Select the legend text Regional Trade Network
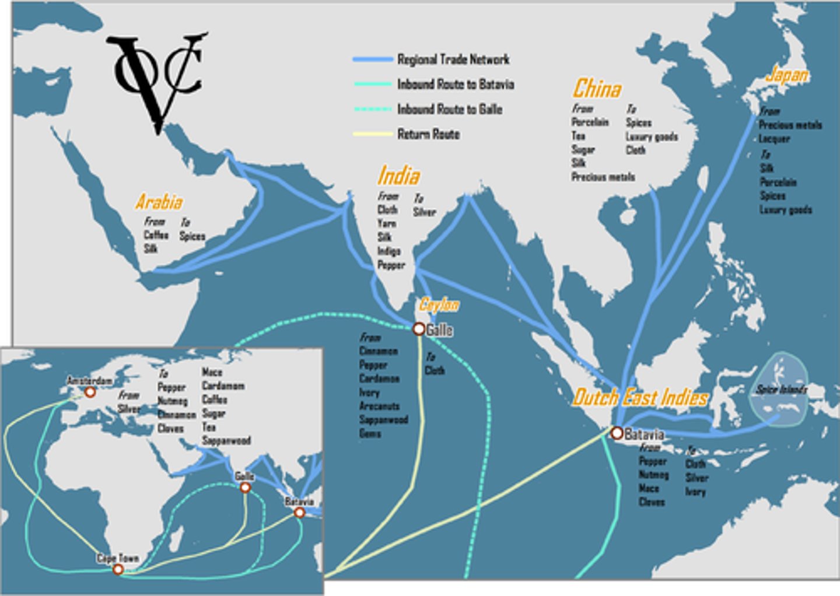coord(453,59)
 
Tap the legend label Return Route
coord(428,134)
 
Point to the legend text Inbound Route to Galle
coord(450,109)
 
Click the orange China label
coord(596,89)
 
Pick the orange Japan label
coord(787,75)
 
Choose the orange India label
coord(398,176)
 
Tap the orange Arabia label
coord(159,202)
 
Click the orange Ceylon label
coord(439,304)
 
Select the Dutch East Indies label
coord(640,398)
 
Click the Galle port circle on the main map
coord(419,329)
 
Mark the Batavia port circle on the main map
coord(617,433)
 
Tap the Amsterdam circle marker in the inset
coord(90,392)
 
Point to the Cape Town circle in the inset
coord(118,569)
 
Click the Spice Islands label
coord(781,389)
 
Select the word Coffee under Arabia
coord(156,235)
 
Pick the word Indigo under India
coord(388,251)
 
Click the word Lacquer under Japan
coord(774,139)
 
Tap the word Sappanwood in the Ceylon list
coord(383,420)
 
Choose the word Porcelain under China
coord(590,122)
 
